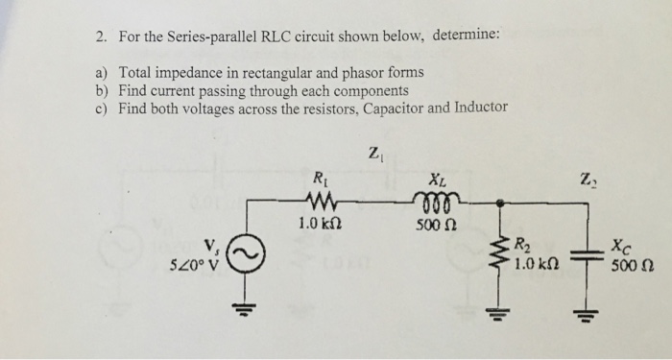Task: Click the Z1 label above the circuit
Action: pyautogui.click(x=375, y=151)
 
